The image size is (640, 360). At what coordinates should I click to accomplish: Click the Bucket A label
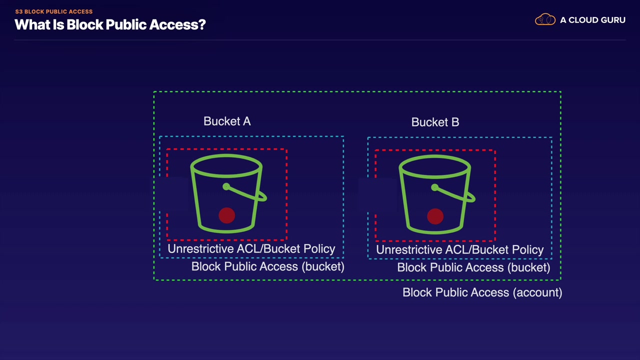pyautogui.click(x=227, y=121)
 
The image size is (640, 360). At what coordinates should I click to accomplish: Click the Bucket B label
pyautogui.click(x=435, y=122)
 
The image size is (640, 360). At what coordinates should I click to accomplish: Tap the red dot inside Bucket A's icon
pyautogui.click(x=227, y=215)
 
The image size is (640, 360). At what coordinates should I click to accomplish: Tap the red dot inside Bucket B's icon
pyautogui.click(x=435, y=216)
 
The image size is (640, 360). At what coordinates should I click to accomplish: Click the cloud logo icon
pyautogui.click(x=545, y=19)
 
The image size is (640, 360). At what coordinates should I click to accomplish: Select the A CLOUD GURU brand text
pyautogui.click(x=592, y=20)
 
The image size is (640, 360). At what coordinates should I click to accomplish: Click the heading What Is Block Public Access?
pyautogui.click(x=110, y=24)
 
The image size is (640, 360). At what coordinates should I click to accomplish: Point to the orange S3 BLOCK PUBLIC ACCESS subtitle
pyautogui.click(x=53, y=11)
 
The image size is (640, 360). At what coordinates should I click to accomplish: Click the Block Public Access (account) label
pyautogui.click(x=482, y=292)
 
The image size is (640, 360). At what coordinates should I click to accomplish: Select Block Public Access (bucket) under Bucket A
pyautogui.click(x=267, y=266)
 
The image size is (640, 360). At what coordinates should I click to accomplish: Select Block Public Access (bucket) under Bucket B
pyautogui.click(x=473, y=267)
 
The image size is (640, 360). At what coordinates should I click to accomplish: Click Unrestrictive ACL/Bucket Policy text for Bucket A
pyautogui.click(x=251, y=249)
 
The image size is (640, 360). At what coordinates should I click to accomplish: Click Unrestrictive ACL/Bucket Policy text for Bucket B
pyautogui.click(x=459, y=249)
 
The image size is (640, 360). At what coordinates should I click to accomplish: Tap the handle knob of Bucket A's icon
pyautogui.click(x=226, y=186)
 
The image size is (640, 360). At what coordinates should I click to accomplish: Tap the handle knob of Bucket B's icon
pyautogui.click(x=434, y=187)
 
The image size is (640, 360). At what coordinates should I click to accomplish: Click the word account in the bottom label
pyautogui.click(x=537, y=293)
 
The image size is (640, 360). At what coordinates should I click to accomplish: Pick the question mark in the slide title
pyautogui.click(x=201, y=24)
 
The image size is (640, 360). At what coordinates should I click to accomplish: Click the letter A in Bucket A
pyautogui.click(x=247, y=121)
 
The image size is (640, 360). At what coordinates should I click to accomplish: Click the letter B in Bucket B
pyautogui.click(x=455, y=122)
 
